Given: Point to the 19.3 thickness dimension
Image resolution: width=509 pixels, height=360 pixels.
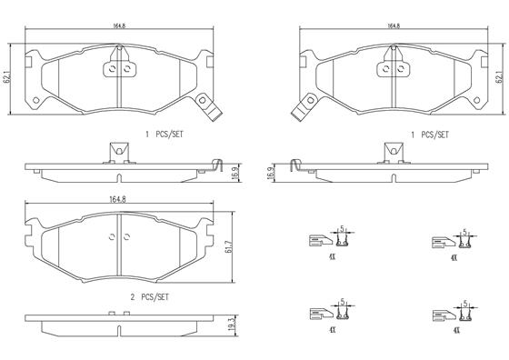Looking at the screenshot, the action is coord(231,325).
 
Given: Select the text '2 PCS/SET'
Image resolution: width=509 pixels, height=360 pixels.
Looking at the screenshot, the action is coord(150,297).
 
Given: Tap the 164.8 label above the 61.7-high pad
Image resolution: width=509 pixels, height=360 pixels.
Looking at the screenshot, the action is coord(117,199).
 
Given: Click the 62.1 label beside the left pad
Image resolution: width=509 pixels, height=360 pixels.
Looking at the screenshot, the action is coord(7,78).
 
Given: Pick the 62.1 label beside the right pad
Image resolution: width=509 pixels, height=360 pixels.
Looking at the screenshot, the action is coord(499,78).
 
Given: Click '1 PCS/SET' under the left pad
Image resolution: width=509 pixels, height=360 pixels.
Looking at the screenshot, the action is coord(165,134).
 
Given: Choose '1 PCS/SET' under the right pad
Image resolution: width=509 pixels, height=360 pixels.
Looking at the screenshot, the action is coord(430,135).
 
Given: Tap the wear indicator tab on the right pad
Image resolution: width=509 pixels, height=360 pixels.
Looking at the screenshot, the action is coord(304,107).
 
